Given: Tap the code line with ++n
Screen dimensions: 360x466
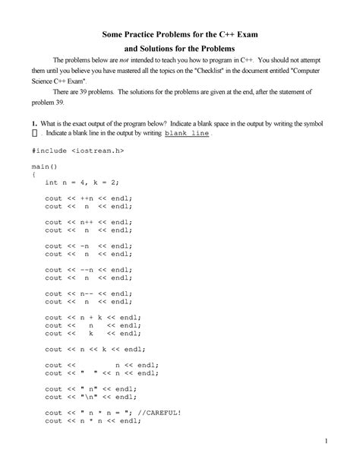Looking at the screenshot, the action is pyautogui.click(x=88, y=198).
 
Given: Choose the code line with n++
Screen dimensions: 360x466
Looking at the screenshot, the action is pyautogui.click(x=88, y=222).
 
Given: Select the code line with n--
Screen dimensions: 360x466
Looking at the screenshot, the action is pyautogui.click(x=88, y=293).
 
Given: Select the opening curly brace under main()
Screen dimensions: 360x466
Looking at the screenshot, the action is pyautogui.click(x=33, y=173).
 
